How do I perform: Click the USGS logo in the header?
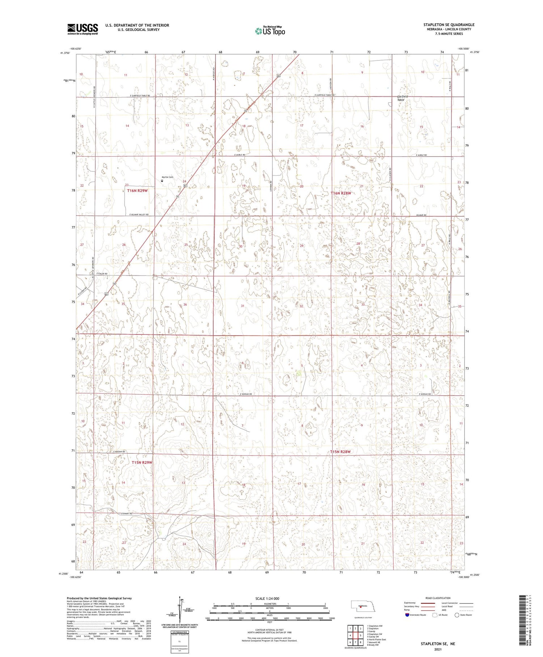tap(83, 29)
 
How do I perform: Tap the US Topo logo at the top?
tap(270, 31)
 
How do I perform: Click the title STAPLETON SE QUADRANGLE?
tap(449, 25)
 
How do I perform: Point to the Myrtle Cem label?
tap(167, 177)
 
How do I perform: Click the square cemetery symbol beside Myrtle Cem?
tap(162, 180)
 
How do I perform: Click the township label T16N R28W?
tap(341, 194)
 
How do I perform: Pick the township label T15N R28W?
tap(341, 452)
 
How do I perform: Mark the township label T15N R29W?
tap(142, 462)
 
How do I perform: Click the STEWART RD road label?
tap(126, 513)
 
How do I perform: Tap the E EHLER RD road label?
tap(101, 274)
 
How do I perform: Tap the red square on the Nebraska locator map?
tap(361, 607)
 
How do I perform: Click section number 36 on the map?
tap(185, 304)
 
